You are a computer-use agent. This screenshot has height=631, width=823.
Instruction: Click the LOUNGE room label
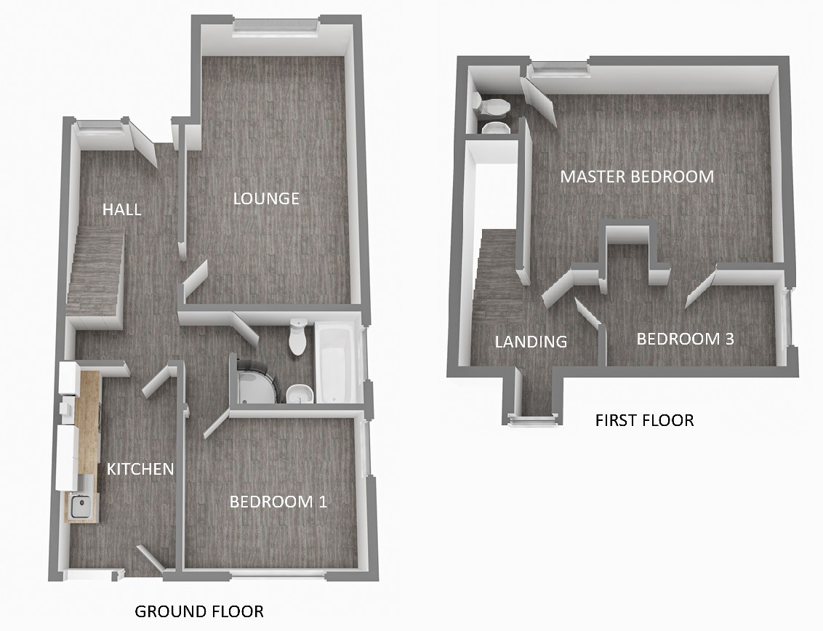266,198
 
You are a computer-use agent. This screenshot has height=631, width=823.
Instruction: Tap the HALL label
121,209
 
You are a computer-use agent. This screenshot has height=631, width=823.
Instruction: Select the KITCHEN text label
140,469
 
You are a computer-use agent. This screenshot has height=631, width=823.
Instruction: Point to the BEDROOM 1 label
278,502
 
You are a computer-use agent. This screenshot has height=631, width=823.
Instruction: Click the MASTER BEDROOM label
637,177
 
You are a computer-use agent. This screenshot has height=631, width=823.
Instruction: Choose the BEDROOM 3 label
685,339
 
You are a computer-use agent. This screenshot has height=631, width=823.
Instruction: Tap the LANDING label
531,342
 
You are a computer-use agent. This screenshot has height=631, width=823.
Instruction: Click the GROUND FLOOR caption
199,611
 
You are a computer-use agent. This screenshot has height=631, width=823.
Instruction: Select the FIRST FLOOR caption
645,420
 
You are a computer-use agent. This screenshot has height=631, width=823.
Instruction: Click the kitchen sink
82,506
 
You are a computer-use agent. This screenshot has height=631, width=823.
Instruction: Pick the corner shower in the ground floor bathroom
255,381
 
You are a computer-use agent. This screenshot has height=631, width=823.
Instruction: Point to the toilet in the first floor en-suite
491,105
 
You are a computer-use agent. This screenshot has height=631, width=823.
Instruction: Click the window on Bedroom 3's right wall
786,318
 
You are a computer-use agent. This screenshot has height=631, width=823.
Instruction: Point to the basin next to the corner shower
300,393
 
